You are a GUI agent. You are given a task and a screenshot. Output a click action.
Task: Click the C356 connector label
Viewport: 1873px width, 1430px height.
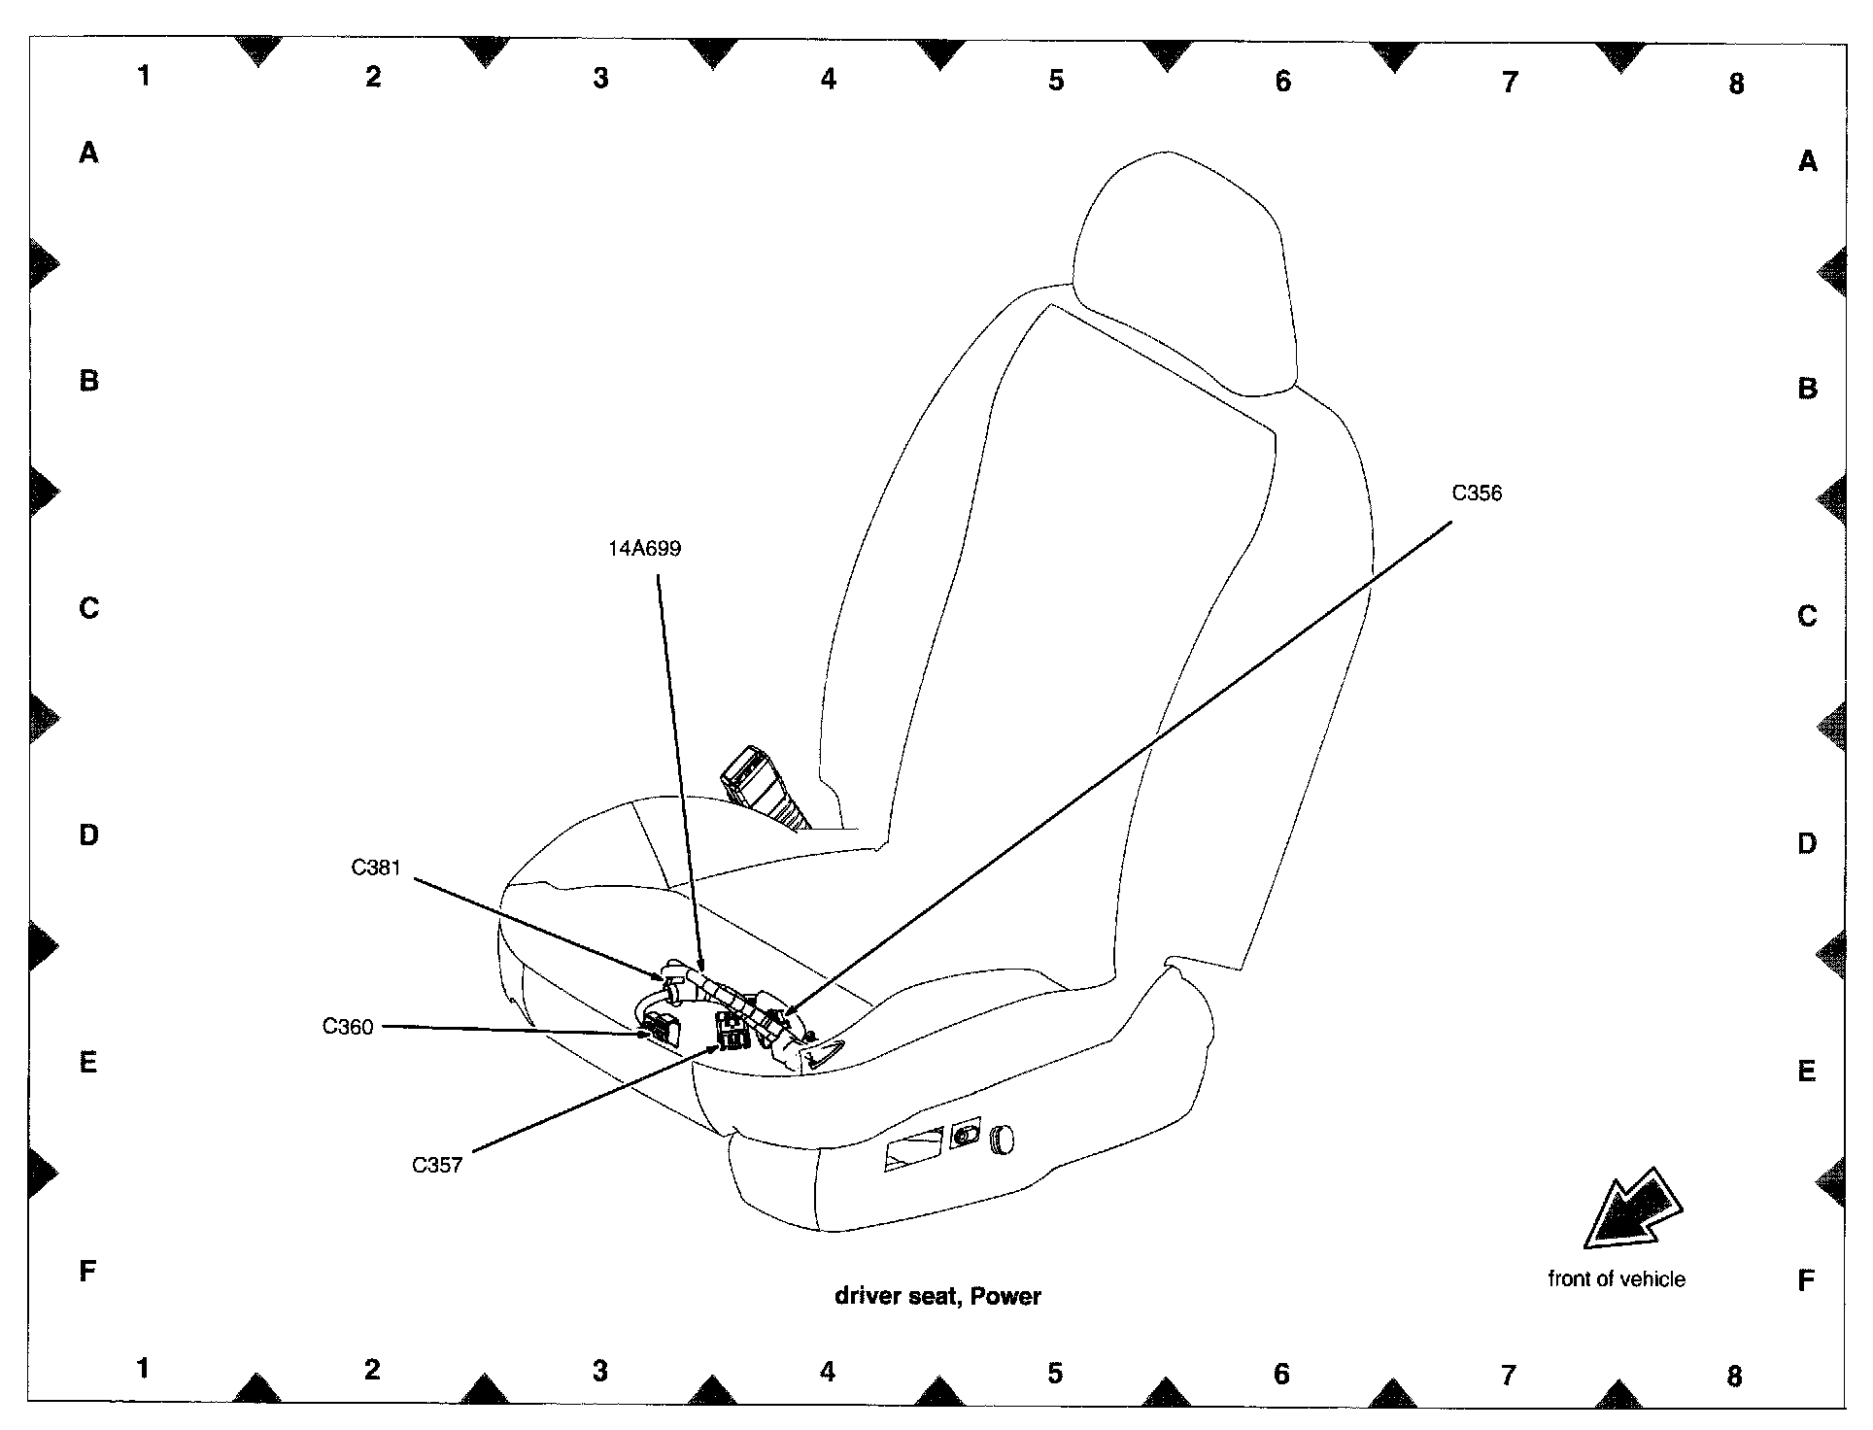click(1476, 494)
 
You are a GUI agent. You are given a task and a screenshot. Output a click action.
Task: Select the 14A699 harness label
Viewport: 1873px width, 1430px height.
click(644, 549)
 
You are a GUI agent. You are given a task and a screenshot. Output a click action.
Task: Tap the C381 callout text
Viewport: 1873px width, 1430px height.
click(376, 868)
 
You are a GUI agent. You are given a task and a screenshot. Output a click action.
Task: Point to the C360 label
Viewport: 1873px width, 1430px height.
click(348, 1027)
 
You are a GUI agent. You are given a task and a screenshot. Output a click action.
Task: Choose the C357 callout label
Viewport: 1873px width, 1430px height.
click(437, 1165)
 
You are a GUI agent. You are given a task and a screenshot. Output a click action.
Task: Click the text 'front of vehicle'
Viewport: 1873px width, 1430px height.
click(1616, 1279)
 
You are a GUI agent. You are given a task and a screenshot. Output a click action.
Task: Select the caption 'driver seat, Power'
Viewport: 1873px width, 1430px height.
click(937, 1296)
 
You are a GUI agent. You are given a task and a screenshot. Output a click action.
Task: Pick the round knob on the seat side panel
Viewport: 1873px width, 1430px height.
click(1003, 1138)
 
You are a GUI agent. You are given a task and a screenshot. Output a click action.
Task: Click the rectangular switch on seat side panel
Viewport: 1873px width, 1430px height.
click(913, 1148)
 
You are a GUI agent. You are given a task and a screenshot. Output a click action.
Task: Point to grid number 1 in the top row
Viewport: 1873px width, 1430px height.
click(144, 76)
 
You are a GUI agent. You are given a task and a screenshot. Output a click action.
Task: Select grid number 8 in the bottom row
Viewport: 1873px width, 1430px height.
click(1734, 1376)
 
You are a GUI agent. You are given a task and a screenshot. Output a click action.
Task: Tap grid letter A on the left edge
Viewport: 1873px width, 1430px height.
click(88, 153)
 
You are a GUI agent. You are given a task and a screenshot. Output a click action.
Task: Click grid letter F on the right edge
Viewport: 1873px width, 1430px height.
click(1806, 1281)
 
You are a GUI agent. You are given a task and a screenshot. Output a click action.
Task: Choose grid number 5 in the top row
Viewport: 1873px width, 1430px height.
click(1056, 80)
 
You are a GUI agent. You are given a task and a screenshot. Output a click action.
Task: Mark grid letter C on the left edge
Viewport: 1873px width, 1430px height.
click(88, 608)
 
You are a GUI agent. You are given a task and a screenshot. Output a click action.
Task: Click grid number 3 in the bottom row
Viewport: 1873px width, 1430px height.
click(600, 1371)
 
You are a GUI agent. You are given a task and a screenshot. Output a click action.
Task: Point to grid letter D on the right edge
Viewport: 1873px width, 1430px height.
click(1806, 843)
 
